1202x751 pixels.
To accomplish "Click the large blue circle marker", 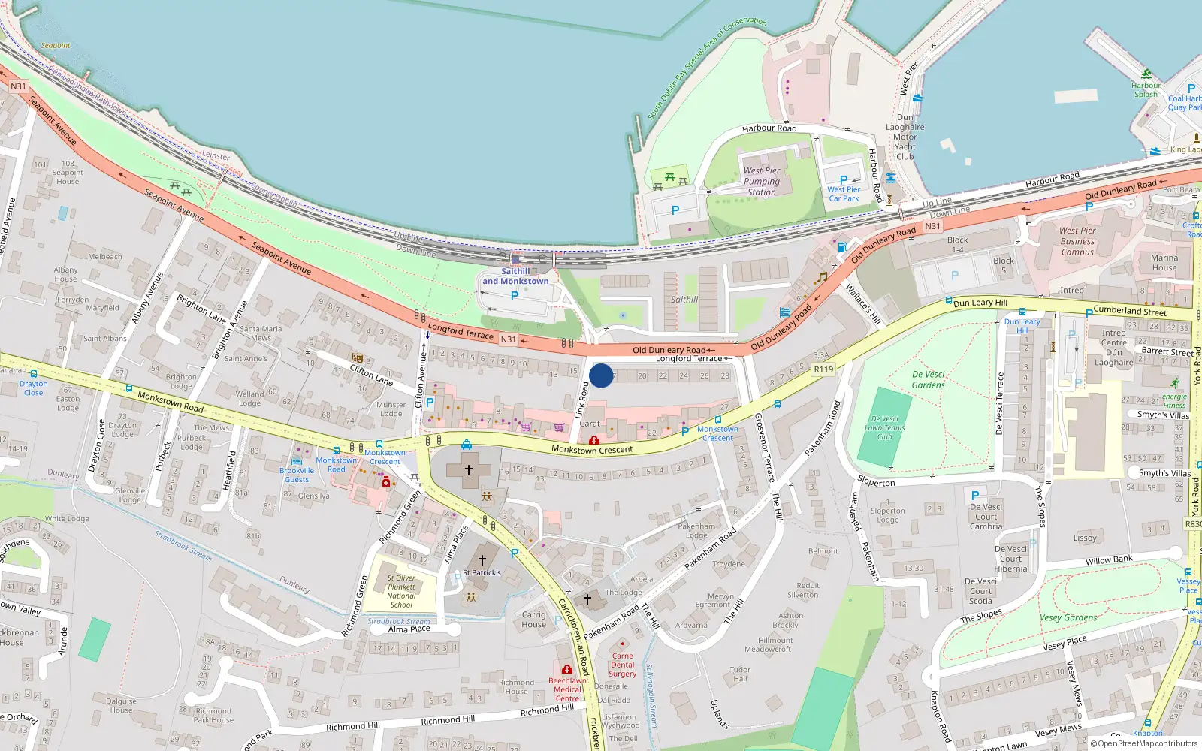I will coord(601,375).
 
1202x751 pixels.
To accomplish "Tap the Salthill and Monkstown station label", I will coord(515,276).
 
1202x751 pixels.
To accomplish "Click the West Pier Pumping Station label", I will coord(762,181).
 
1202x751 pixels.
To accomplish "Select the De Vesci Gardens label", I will coord(929,379).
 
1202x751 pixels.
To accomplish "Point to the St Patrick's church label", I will coord(482,572).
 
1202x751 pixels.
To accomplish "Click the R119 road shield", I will coord(823,369).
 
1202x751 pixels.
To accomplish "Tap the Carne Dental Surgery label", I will coord(622,665).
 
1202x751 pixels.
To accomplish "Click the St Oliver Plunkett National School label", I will coord(401,591).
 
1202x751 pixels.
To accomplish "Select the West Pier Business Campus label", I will coord(1077,241).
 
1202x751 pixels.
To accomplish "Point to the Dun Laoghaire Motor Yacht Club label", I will coord(905,137).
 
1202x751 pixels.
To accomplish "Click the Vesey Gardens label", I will coord(1068,617).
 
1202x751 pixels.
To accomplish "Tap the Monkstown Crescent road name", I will coord(592,450).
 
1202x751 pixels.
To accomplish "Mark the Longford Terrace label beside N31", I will coord(461,331).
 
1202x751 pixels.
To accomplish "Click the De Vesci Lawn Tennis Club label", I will coord(885,427).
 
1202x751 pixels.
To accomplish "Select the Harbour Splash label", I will coord(1146,89).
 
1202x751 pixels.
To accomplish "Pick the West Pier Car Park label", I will coord(844,194).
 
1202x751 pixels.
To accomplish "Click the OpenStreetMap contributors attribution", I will coord(1143,743).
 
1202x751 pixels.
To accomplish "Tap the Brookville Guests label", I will coord(297,475).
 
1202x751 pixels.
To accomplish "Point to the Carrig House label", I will coord(534,619).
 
